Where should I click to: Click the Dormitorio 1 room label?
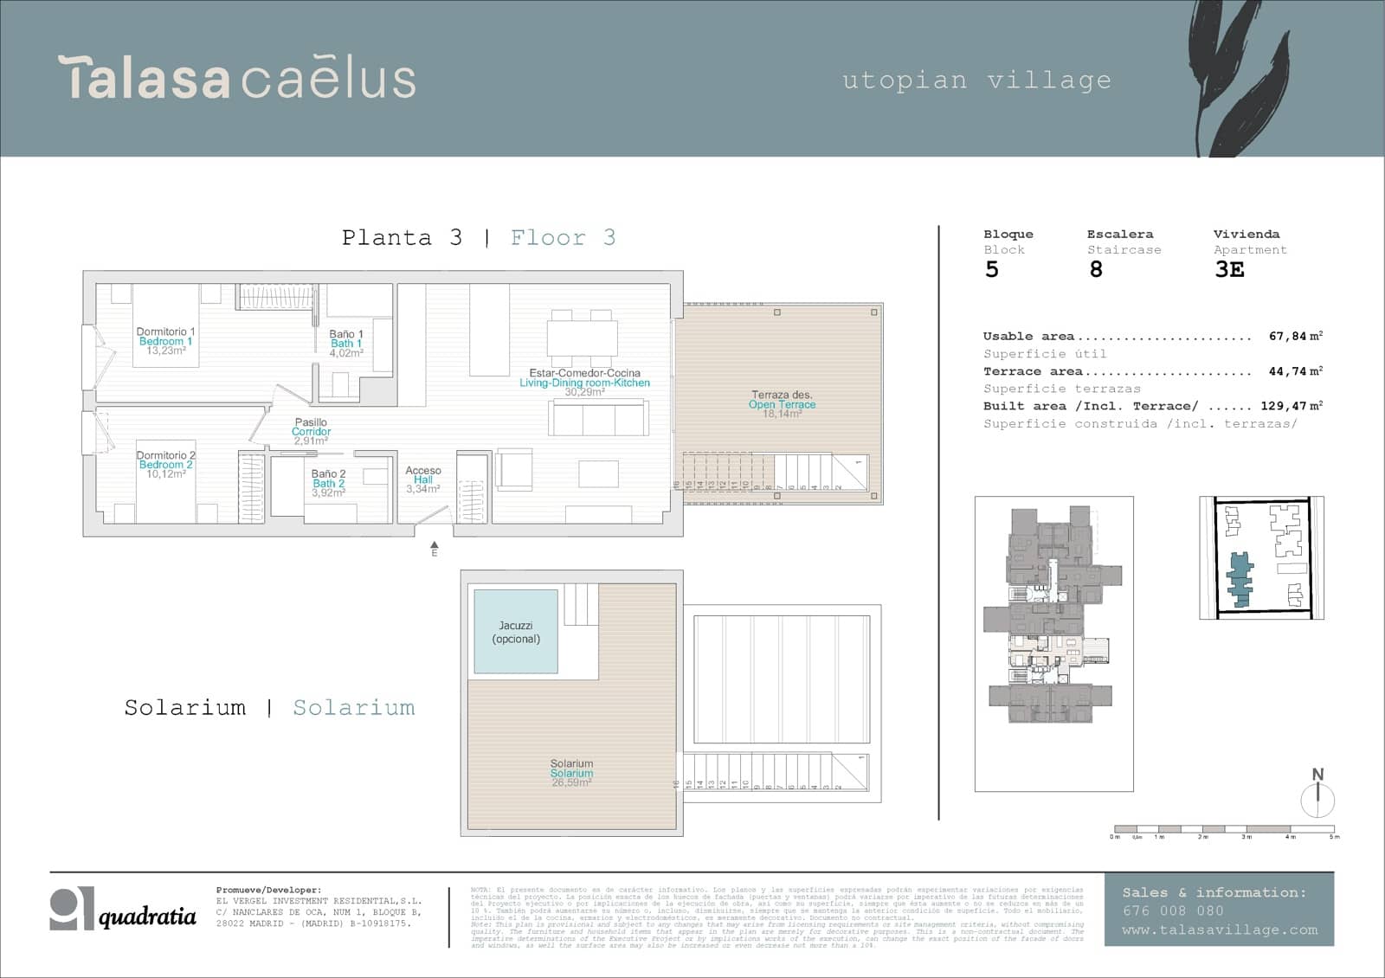click(x=165, y=332)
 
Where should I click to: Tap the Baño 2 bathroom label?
click(x=328, y=474)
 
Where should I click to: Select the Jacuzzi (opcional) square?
click(x=516, y=632)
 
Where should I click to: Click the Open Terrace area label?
click(x=782, y=404)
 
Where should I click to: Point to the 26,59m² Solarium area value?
click(x=571, y=782)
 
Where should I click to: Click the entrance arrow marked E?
click(x=435, y=548)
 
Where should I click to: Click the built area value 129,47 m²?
click(x=1291, y=406)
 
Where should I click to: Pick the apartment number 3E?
click(x=1229, y=270)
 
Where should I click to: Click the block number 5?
click(x=992, y=270)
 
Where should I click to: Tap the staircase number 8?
click(x=1096, y=270)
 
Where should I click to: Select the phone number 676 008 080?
click(x=1173, y=910)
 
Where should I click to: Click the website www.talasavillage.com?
click(x=1219, y=930)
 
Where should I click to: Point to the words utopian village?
click(x=976, y=80)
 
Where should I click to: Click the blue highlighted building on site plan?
click(x=1240, y=578)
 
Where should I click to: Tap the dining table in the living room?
click(x=583, y=338)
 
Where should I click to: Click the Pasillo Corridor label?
click(x=311, y=427)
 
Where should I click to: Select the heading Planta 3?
click(x=402, y=238)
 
